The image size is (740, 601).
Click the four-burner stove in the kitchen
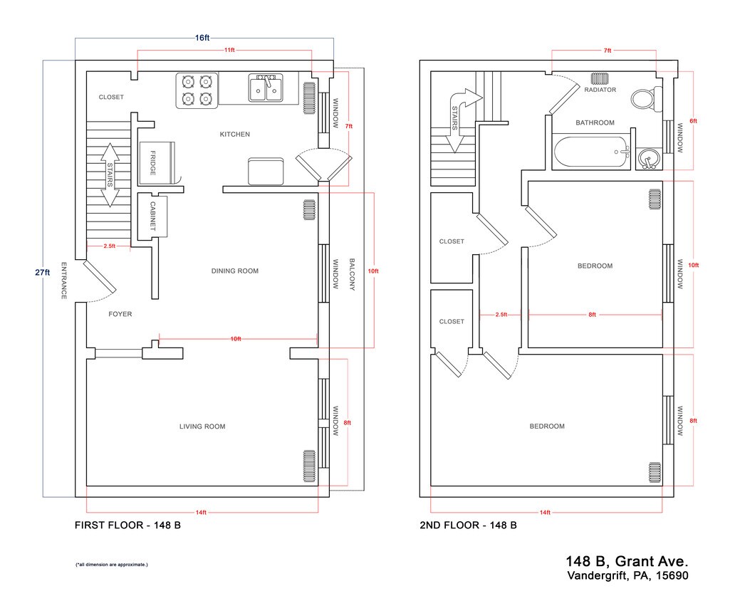coord(197,90)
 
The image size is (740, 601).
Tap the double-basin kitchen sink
coord(266,88)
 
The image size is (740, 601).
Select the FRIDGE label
coord(153,163)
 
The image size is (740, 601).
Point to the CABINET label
coord(153,216)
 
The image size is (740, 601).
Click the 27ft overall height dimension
coord(43,272)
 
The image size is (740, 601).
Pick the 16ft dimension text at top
coord(202,38)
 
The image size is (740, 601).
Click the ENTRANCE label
coord(63,281)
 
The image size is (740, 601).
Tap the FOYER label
coord(120,314)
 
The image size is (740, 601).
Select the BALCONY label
coord(352,274)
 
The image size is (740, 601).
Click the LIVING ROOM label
coord(202,427)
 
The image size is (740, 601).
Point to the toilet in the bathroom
coord(647,99)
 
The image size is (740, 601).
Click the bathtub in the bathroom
coord(592,152)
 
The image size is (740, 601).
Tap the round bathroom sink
coord(648,159)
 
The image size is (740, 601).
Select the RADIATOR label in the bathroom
coord(600,90)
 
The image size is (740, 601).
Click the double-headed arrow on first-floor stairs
coord(110,175)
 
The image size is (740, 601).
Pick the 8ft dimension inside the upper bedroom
coord(593,315)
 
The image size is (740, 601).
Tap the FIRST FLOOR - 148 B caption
coord(128,525)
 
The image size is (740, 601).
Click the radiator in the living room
coord(309,466)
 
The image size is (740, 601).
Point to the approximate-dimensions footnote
coord(112,565)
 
